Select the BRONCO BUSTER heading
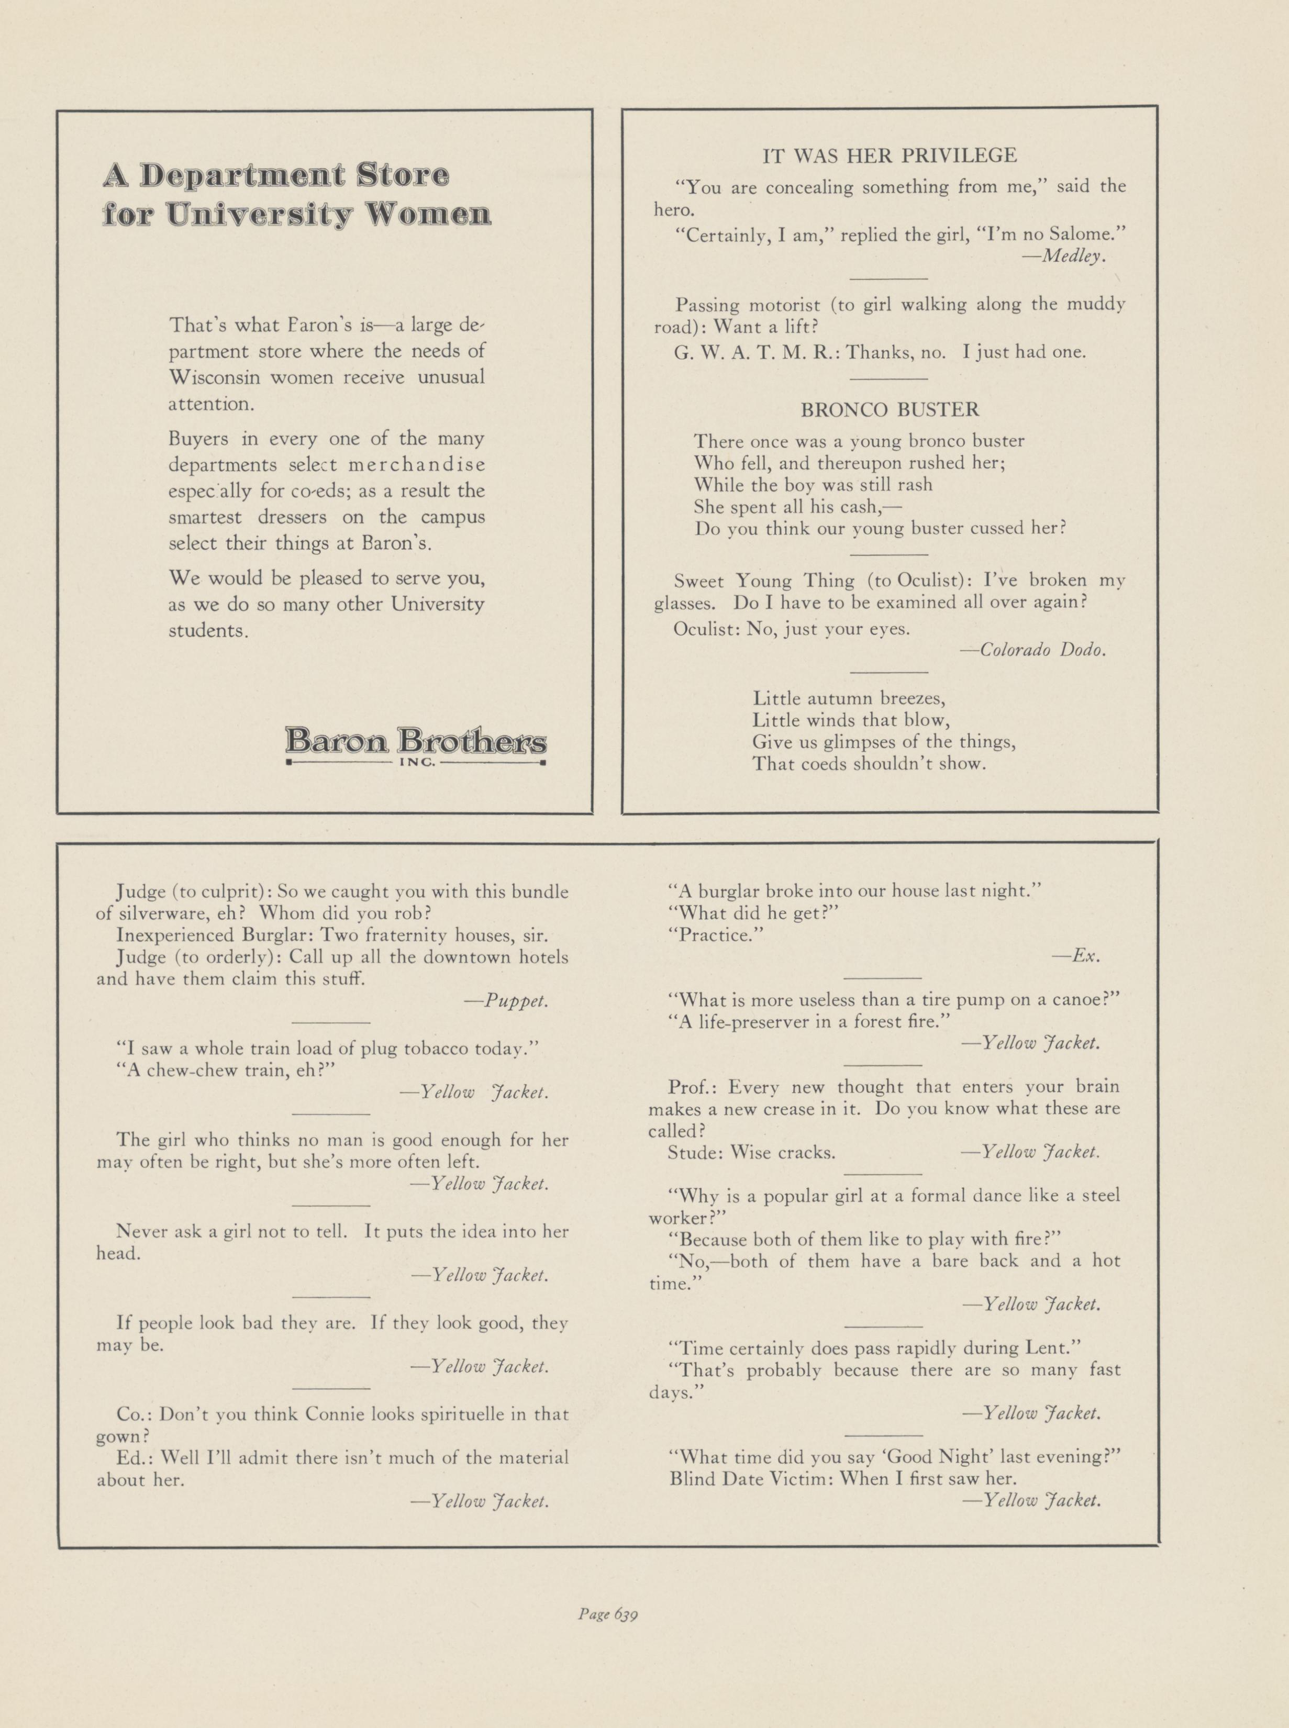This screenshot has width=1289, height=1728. (x=890, y=409)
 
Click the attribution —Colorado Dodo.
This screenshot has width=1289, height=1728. (x=1032, y=650)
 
